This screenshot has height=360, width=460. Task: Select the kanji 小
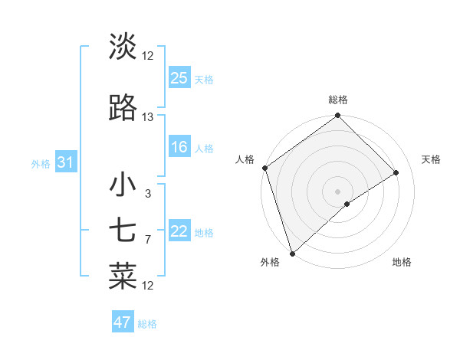tap(123, 185)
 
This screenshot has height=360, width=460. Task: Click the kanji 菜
tap(123, 277)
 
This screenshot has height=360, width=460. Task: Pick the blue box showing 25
tap(179, 78)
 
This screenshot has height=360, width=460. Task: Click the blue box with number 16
tap(179, 148)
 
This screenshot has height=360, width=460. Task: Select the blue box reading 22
tap(179, 232)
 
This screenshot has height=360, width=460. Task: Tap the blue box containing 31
tap(65, 163)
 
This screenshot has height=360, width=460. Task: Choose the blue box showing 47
tap(123, 322)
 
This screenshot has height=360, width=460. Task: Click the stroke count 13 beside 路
tap(148, 117)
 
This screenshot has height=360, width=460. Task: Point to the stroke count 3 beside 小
tap(147, 194)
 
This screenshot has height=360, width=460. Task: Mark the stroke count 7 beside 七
tap(147, 240)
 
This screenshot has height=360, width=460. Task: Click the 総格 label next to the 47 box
tap(147, 324)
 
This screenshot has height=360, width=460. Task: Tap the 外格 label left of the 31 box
tap(41, 164)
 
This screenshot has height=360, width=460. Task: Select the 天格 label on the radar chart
tap(431, 159)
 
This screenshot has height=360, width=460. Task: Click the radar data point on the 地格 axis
tap(347, 203)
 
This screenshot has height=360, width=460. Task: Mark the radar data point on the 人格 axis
tap(264, 168)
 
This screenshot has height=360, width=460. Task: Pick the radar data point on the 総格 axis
tap(337, 116)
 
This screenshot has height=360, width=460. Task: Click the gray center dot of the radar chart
tap(337, 191)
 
